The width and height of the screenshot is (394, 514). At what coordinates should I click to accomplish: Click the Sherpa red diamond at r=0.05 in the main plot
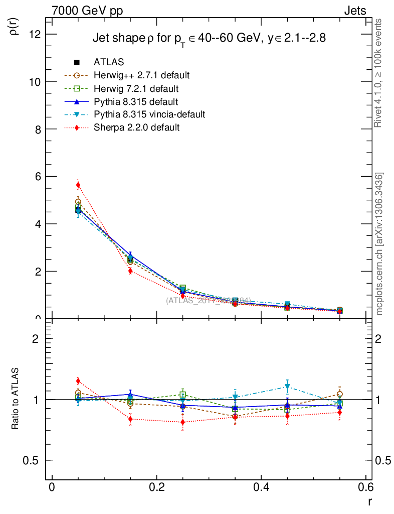coord(78,185)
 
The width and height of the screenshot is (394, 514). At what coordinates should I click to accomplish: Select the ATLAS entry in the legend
coord(109,62)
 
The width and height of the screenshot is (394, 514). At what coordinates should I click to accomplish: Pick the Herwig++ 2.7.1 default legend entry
coord(141,75)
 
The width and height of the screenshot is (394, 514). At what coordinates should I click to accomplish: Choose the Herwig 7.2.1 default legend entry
coord(136,88)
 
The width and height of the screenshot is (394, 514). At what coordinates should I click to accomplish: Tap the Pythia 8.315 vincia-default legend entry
coord(149,114)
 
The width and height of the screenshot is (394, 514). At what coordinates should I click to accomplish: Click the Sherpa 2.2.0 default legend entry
coord(136,127)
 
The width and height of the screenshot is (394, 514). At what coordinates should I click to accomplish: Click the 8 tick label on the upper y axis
coord(38,129)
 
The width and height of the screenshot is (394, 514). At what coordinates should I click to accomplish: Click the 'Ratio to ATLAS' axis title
coord(15,399)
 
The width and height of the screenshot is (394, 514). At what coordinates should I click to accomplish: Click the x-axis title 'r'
coord(369,501)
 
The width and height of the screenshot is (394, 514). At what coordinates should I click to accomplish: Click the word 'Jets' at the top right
coord(355,11)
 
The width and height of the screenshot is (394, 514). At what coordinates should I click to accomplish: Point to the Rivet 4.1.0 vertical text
coord(379,73)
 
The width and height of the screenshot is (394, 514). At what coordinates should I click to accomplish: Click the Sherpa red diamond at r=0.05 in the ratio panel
coord(78,381)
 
